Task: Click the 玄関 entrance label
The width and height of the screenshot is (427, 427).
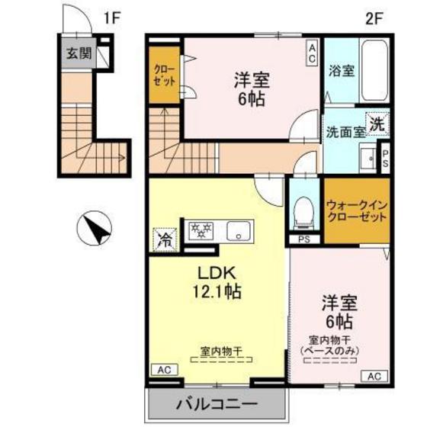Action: click(78, 53)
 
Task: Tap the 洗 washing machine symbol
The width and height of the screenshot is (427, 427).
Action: click(376, 122)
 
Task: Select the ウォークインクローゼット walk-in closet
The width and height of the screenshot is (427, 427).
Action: click(355, 210)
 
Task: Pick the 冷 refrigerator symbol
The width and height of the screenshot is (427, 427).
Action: click(163, 237)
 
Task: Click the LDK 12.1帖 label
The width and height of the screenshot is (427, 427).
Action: click(220, 281)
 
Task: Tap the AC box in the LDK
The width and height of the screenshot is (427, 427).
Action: click(164, 369)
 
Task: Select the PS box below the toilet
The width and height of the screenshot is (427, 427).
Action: click(304, 240)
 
